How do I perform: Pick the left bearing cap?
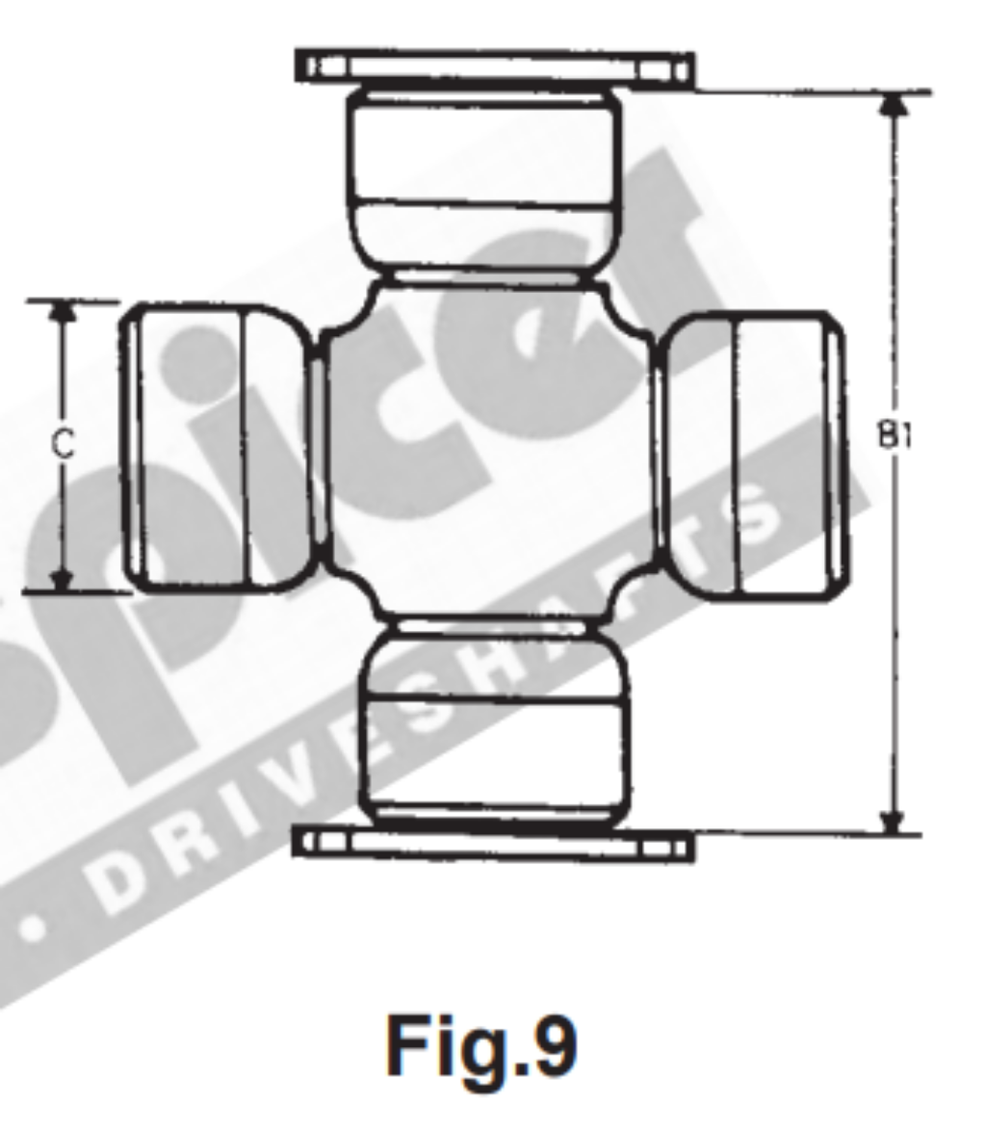(217, 448)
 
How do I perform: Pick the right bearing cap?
(756, 458)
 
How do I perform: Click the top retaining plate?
(494, 67)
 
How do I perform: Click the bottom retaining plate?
(491, 844)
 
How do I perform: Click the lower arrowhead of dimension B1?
(895, 821)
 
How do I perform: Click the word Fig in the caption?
(438, 1047)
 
